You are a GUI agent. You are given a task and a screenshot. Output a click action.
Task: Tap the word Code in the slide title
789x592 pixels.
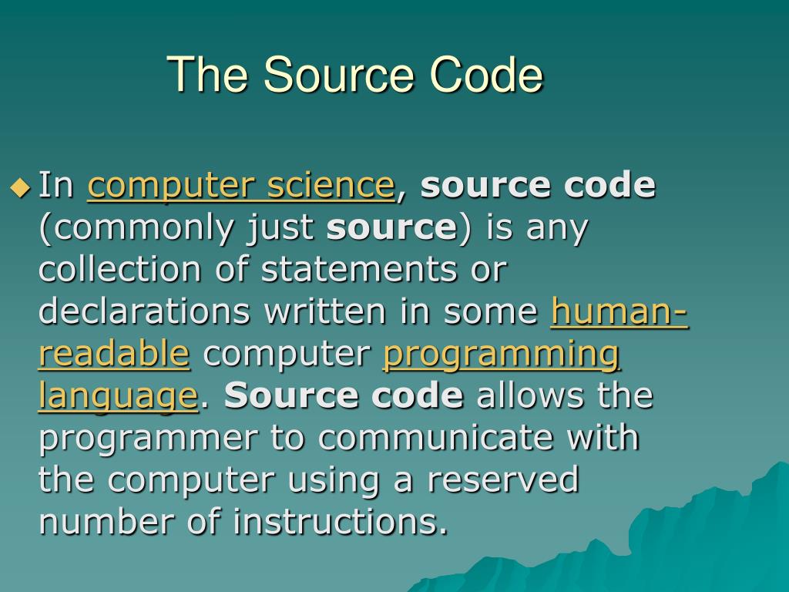[486, 76]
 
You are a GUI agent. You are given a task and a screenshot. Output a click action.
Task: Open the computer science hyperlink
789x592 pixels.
[240, 186]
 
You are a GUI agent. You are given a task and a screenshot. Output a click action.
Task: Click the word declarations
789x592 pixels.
[145, 311]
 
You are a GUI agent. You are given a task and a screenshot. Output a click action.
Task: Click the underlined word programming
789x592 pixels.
[501, 355]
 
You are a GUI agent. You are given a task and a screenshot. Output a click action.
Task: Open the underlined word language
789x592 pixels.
[118, 396]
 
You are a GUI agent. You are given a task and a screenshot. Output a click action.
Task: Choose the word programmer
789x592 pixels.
[149, 439]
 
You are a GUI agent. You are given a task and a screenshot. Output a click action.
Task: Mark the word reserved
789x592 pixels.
[502, 479]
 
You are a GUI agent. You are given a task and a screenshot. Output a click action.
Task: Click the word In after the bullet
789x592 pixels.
[55, 186]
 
